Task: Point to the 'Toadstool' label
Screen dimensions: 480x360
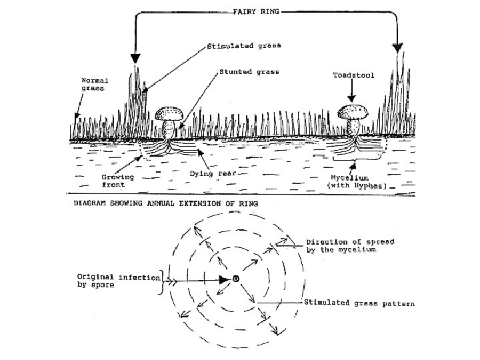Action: [x=353, y=75]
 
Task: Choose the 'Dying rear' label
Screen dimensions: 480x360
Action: [x=211, y=173]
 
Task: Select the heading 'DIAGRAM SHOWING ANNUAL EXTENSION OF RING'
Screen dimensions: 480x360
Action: [x=166, y=203]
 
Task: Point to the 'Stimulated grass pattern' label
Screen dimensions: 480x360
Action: [x=359, y=304]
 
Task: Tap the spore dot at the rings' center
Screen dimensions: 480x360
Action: [x=235, y=278]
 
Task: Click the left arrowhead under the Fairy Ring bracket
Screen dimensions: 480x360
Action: [x=136, y=58]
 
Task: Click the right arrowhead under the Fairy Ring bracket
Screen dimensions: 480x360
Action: [x=397, y=47]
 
